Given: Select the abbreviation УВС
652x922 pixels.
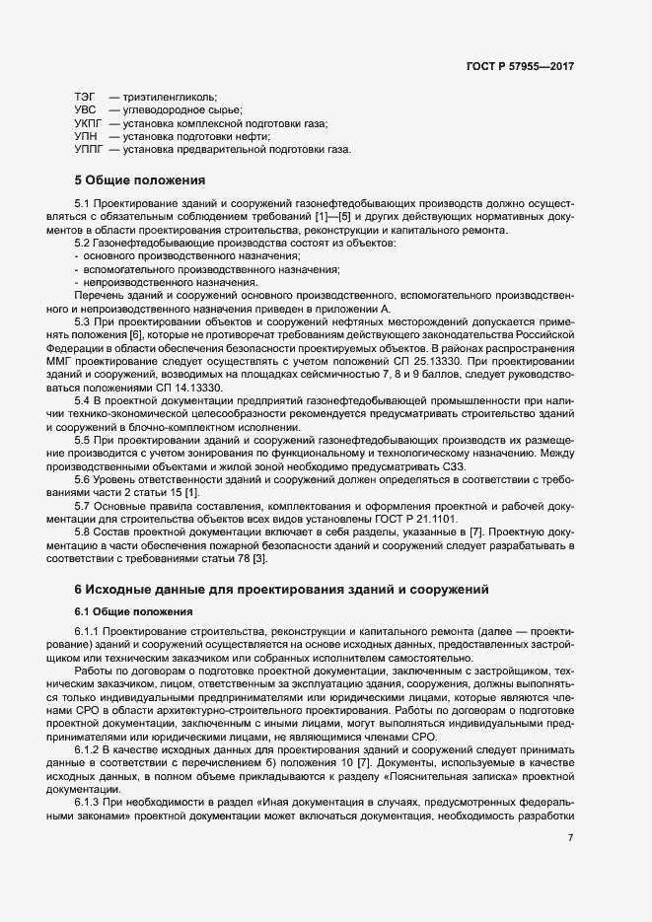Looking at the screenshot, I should tap(85, 109).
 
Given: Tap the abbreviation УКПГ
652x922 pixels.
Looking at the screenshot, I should tap(88, 123).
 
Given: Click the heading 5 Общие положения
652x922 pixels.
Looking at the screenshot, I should tap(139, 181).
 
